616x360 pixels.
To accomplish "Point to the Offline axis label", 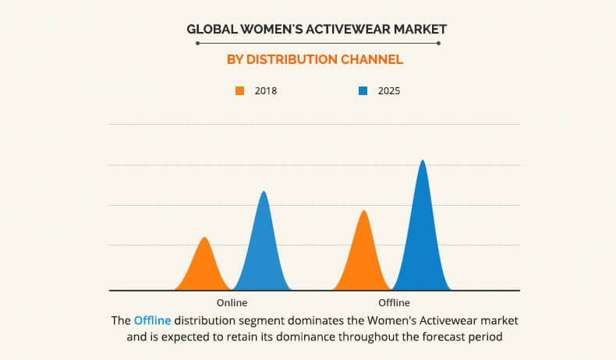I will pyautogui.click(x=394, y=302).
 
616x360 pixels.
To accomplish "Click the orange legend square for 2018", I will pyautogui.click(x=240, y=91).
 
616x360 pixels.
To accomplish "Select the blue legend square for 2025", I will pyautogui.click(x=363, y=91).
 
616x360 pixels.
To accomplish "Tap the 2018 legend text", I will pyautogui.click(x=266, y=91).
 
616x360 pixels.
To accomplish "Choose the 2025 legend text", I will pyautogui.click(x=389, y=91).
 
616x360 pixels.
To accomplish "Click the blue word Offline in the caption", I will pyautogui.click(x=152, y=320).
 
